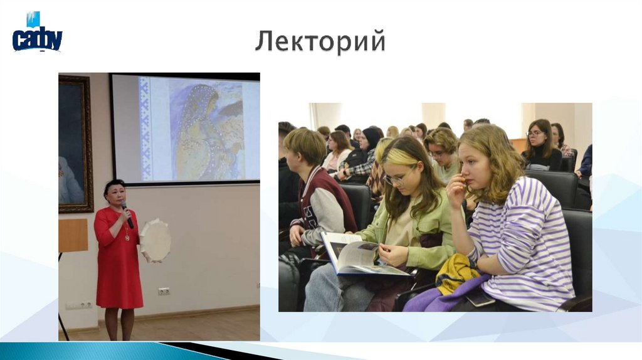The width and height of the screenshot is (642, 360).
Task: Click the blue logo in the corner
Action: pos(36,33)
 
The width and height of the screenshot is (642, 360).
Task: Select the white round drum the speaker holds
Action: pos(155,241)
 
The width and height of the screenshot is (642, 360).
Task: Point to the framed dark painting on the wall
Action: pos(75,143)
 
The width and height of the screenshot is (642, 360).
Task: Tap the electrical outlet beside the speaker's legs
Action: pos(164,291)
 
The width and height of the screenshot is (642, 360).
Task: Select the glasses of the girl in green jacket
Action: pos(396,179)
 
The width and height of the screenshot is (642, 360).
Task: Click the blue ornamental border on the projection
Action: pos(145,129)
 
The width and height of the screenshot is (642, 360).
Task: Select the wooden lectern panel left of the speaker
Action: pos(73,235)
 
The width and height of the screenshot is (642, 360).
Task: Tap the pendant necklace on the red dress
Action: pos(127,236)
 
